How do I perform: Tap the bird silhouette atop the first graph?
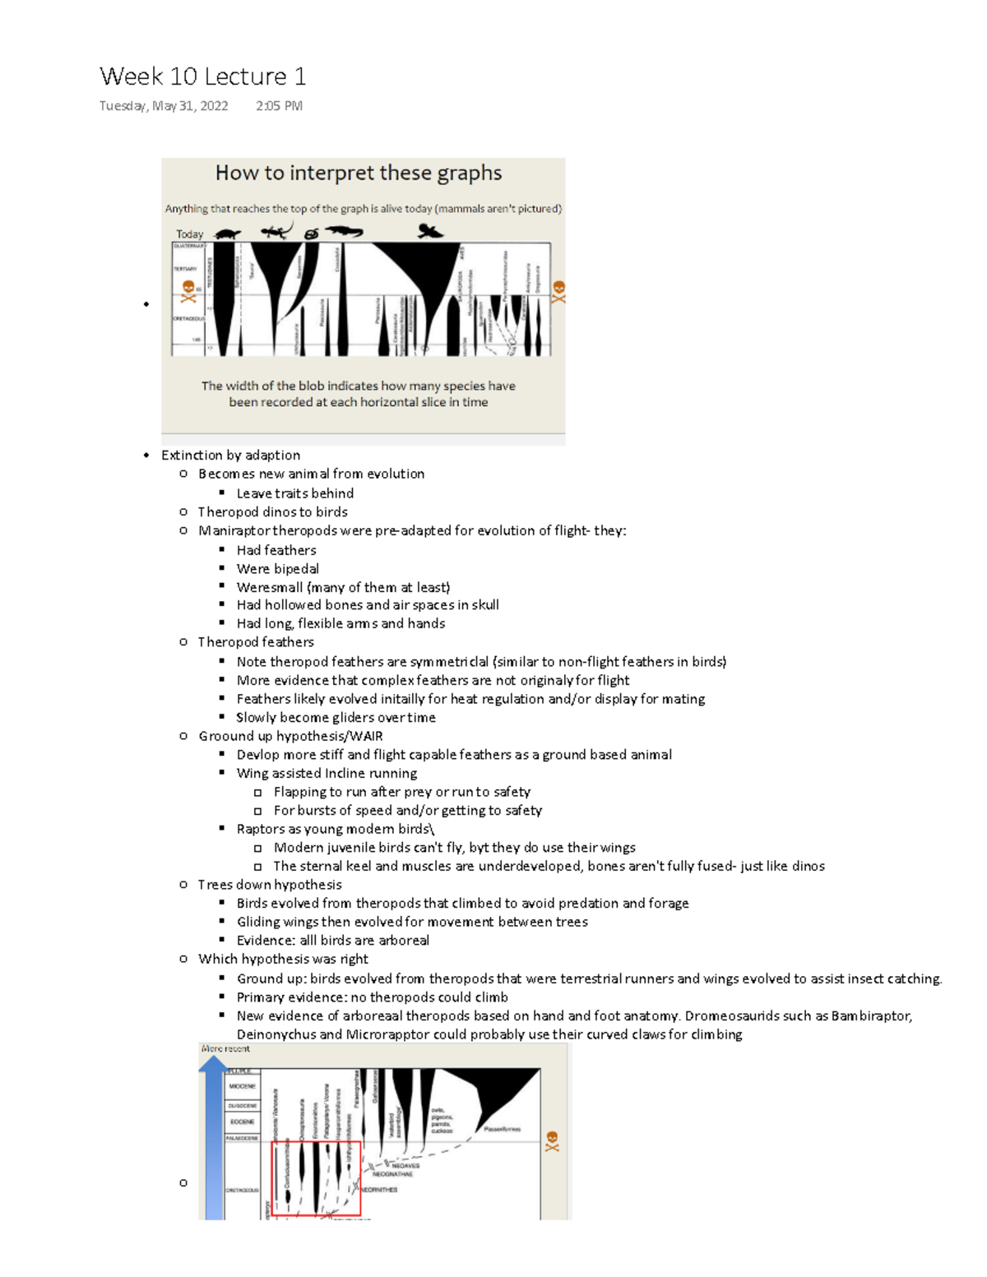click(429, 231)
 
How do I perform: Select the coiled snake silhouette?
click(311, 234)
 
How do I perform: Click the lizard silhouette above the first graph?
click(276, 231)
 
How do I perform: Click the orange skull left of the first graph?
click(188, 290)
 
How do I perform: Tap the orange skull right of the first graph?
click(558, 291)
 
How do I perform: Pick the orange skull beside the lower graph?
click(552, 1141)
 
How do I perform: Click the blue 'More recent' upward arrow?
click(213, 1135)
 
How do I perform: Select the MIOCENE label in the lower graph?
click(242, 1086)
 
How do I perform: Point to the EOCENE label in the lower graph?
click(242, 1122)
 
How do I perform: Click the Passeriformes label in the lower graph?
click(502, 1129)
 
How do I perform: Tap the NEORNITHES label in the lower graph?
click(379, 1189)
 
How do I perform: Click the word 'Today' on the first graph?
click(189, 234)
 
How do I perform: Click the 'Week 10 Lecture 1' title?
click(202, 76)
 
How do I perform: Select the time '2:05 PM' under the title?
click(279, 106)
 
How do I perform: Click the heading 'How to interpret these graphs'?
click(358, 173)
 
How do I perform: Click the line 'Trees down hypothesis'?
click(270, 885)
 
